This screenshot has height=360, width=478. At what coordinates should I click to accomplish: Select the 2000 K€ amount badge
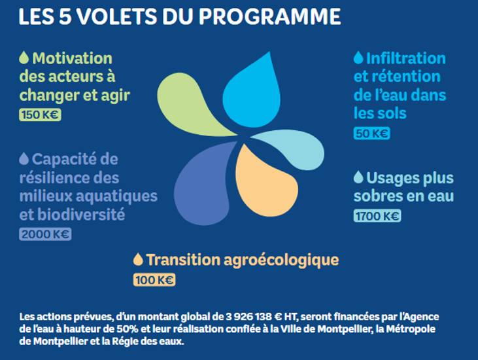[x=45, y=234]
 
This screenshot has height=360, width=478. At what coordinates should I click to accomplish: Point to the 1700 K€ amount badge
[x=377, y=216]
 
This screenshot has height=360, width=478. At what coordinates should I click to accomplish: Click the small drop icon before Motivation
[x=24, y=58]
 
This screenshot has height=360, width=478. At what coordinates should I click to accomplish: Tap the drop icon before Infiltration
[x=358, y=58]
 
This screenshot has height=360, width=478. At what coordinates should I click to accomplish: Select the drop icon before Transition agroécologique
[x=137, y=259]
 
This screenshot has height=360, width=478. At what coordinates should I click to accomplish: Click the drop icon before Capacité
[x=24, y=158]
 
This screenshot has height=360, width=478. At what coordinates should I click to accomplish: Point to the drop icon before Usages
[x=358, y=177]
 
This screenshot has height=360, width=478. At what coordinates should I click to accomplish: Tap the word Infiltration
[x=406, y=58]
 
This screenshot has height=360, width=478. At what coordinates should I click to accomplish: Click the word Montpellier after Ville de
[x=347, y=329]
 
